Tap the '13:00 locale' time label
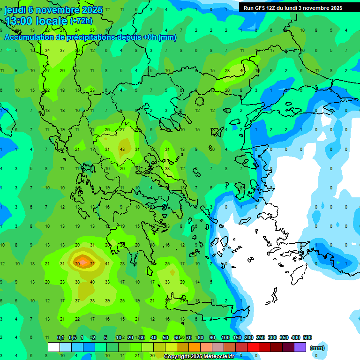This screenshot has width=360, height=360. (x=37, y=21)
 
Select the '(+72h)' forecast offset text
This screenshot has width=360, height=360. (x=82, y=21)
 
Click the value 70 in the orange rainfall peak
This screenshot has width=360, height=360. (x=77, y=264)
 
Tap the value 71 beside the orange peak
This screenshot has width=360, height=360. (x=92, y=264)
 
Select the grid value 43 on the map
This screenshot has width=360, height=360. (x=122, y=149)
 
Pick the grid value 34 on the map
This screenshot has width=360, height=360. (x=47, y=51)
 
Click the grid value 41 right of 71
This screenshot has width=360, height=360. (x=107, y=264)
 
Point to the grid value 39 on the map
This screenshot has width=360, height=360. (x=107, y=300)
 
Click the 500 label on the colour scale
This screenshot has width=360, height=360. (x=307, y=337)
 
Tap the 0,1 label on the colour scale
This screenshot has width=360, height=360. (x=60, y=337)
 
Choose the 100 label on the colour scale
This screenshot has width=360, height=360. (x=225, y=337)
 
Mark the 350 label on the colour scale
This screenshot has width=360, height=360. (x=284, y=337)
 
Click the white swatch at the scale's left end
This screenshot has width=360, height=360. (x=54, y=347)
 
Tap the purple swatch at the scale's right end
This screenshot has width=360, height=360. (x=300, y=347)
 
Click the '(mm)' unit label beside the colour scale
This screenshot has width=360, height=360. (x=317, y=348)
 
